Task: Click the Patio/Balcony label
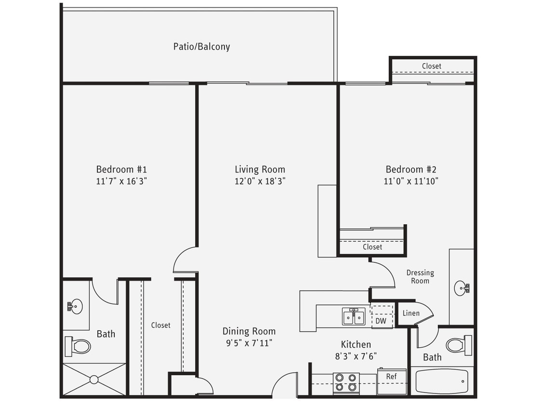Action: [x=201, y=47]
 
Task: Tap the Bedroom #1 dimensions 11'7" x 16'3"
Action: [x=121, y=181]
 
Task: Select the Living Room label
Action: [x=260, y=169]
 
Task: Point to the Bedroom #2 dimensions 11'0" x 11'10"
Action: [x=411, y=181]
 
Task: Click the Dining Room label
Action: [x=249, y=331]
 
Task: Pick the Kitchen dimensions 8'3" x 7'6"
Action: [x=356, y=356]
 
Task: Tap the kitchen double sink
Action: [x=354, y=317]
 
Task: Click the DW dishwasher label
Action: [x=381, y=321]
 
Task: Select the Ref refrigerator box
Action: [x=392, y=381]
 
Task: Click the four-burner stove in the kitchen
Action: [x=346, y=382]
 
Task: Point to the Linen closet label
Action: [x=411, y=313]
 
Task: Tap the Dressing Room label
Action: [x=420, y=276]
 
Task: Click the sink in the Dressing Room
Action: [x=461, y=288]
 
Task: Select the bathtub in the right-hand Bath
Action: [x=442, y=381]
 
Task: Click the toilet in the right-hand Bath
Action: [x=458, y=345]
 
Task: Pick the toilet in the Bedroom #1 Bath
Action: [x=78, y=346]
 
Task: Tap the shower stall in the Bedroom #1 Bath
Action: [x=94, y=380]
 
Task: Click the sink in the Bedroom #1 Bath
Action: [x=75, y=306]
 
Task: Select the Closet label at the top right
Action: [x=431, y=66]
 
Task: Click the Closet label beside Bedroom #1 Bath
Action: [x=160, y=325]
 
